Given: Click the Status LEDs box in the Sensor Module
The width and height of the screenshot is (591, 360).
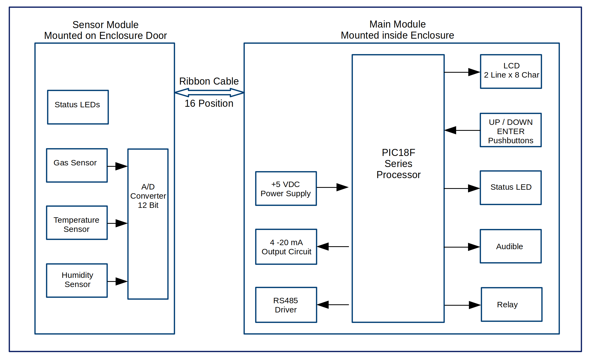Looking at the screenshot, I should coord(78,107).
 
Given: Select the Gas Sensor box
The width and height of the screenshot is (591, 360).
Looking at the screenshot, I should coord(77,165).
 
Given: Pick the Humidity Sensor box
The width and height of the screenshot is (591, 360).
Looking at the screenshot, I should coord(77,280).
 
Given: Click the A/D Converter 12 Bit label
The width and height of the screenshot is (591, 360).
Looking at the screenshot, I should coord(148,196).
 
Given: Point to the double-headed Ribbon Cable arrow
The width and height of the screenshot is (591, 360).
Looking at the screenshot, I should coord(209,92).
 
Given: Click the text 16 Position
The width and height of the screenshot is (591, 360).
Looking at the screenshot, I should coord(209,104).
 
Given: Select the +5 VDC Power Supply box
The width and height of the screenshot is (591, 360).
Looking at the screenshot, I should coord(286,189).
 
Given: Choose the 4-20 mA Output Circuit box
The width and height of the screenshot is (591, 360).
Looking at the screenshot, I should coord(286,247).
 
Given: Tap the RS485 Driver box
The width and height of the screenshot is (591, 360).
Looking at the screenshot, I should coord(286,305).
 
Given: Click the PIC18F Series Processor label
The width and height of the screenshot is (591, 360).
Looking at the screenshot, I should coord(398,164).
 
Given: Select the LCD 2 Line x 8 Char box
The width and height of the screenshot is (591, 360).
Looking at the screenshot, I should coord(511,71).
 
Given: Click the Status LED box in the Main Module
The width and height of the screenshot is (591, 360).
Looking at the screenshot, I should coord(511,188).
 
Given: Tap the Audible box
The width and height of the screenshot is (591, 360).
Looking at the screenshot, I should coord(511,246).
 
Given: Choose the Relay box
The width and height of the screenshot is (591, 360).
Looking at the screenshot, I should coord(512,305).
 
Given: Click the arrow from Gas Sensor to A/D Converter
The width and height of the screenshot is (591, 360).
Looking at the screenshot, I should coord(118,166).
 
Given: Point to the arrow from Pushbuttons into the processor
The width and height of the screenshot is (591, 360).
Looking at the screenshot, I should coord(462,130).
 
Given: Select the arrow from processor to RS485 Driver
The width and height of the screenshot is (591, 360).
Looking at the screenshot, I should coord(333,305).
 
